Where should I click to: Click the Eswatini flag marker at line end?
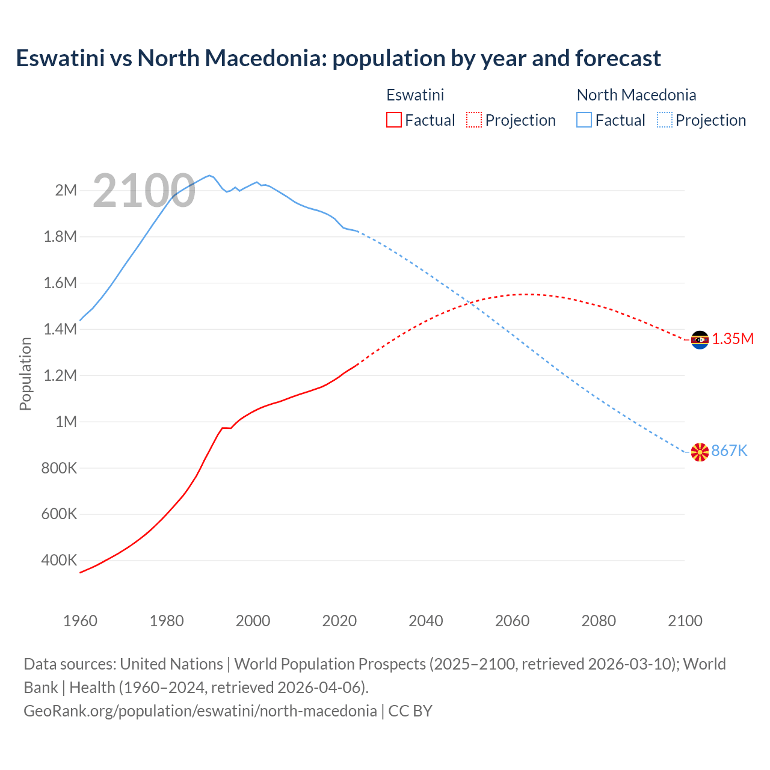(700, 340)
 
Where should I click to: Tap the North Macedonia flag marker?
(700, 452)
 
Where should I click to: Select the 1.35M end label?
(733, 339)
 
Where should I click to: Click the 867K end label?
(729, 451)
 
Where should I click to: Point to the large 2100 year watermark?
(144, 191)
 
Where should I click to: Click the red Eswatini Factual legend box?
(393, 120)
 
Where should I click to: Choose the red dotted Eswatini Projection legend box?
(474, 120)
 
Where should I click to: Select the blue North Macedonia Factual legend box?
(584, 120)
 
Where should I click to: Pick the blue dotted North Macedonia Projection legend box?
(665, 120)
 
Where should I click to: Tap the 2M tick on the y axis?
(66, 191)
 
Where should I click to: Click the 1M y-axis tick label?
(66, 422)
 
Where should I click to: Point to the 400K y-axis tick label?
(59, 561)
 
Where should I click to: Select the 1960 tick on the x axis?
(80, 621)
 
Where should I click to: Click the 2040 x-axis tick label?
(426, 621)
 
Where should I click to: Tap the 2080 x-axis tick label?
(599, 621)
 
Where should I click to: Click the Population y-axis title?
(25, 374)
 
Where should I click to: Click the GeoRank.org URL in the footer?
(200, 711)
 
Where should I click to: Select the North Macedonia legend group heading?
(636, 95)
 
